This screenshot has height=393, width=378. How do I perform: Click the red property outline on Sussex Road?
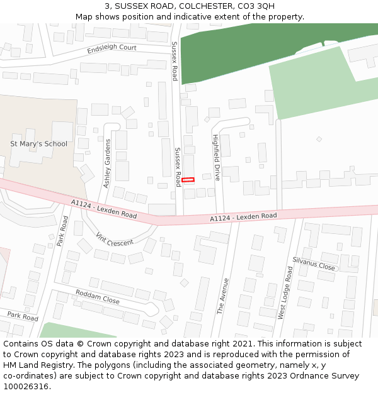(x=188, y=180)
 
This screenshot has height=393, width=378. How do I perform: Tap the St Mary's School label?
(x=38, y=144)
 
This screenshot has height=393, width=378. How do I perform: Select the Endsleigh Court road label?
(x=112, y=48)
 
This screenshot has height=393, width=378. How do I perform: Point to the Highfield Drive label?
(x=216, y=157)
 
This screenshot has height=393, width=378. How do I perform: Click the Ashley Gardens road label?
(x=107, y=163)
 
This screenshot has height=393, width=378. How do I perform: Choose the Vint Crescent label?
(x=115, y=239)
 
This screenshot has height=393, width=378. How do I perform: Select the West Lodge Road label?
(x=285, y=292)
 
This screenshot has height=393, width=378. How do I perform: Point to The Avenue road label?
(x=222, y=296)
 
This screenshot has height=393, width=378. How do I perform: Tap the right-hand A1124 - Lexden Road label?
(x=243, y=217)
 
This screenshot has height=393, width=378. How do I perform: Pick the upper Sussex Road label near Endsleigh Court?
(x=175, y=61)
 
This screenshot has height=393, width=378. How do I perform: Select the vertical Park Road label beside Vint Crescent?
(x=62, y=231)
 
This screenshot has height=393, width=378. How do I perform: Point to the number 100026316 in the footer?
(x=26, y=387)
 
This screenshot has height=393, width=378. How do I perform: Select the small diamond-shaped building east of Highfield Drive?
(x=319, y=139)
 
